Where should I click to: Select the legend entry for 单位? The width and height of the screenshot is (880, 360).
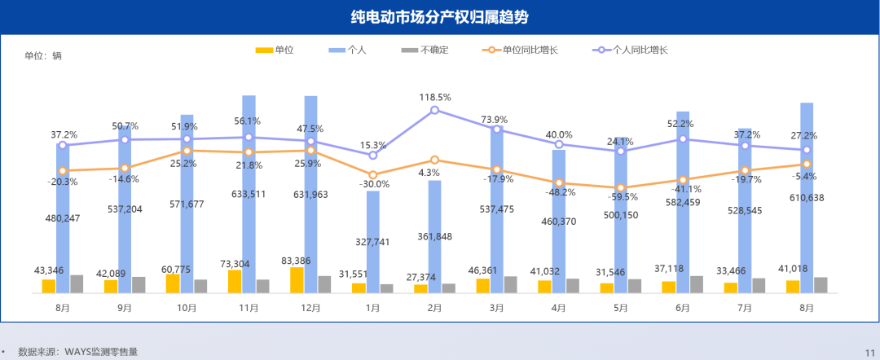tap(274, 50)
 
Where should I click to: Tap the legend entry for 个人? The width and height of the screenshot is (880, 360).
tap(347, 50)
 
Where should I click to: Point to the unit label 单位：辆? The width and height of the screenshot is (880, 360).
tap(43, 56)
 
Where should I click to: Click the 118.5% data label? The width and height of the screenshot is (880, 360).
tap(435, 97)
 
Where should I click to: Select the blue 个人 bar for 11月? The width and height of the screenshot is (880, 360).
tap(249, 195)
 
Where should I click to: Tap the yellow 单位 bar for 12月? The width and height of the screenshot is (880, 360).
tap(297, 280)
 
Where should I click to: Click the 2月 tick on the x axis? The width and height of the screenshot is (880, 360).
tap(435, 308)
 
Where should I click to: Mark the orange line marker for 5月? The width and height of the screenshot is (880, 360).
tap(621, 188)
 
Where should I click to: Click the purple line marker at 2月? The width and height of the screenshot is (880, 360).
tap(435, 110)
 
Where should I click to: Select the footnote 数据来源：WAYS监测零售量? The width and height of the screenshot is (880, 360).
tap(78, 352)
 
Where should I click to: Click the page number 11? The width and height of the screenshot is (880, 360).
tap(869, 352)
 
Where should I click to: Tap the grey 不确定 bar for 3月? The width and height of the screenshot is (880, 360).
tap(511, 284)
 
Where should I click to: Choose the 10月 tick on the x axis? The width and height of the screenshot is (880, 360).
tap(187, 308)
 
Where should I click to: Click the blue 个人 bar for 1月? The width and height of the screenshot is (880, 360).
tap(373, 242)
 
